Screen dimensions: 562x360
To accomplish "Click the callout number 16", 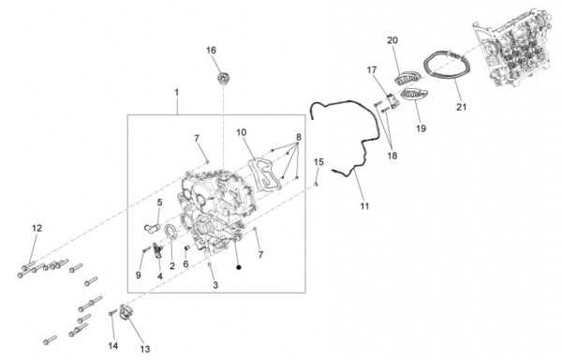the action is [x=211, y=51].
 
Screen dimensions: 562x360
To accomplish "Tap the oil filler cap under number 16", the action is [x=223, y=78].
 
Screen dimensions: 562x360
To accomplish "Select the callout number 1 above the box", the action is [x=176, y=93].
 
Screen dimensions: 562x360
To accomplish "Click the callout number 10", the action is [x=242, y=133].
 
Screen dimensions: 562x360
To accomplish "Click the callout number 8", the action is [x=299, y=137].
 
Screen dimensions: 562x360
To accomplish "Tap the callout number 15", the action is [x=318, y=162].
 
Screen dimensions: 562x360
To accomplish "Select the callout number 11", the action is [x=364, y=206].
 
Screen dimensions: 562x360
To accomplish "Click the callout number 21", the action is [x=461, y=107].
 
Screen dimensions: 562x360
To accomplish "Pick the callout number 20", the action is [x=392, y=40].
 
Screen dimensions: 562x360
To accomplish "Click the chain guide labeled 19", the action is [x=414, y=95].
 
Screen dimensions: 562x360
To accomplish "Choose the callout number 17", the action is [x=372, y=70].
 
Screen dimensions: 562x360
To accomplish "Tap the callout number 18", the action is [x=392, y=156].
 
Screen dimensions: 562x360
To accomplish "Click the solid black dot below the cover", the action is [x=239, y=267].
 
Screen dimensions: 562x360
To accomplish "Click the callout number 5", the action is [x=159, y=202].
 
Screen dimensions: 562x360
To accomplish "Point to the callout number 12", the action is [x=37, y=228].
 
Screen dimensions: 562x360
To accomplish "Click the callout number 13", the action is [x=145, y=349].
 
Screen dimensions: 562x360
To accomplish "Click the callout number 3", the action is [x=215, y=285].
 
